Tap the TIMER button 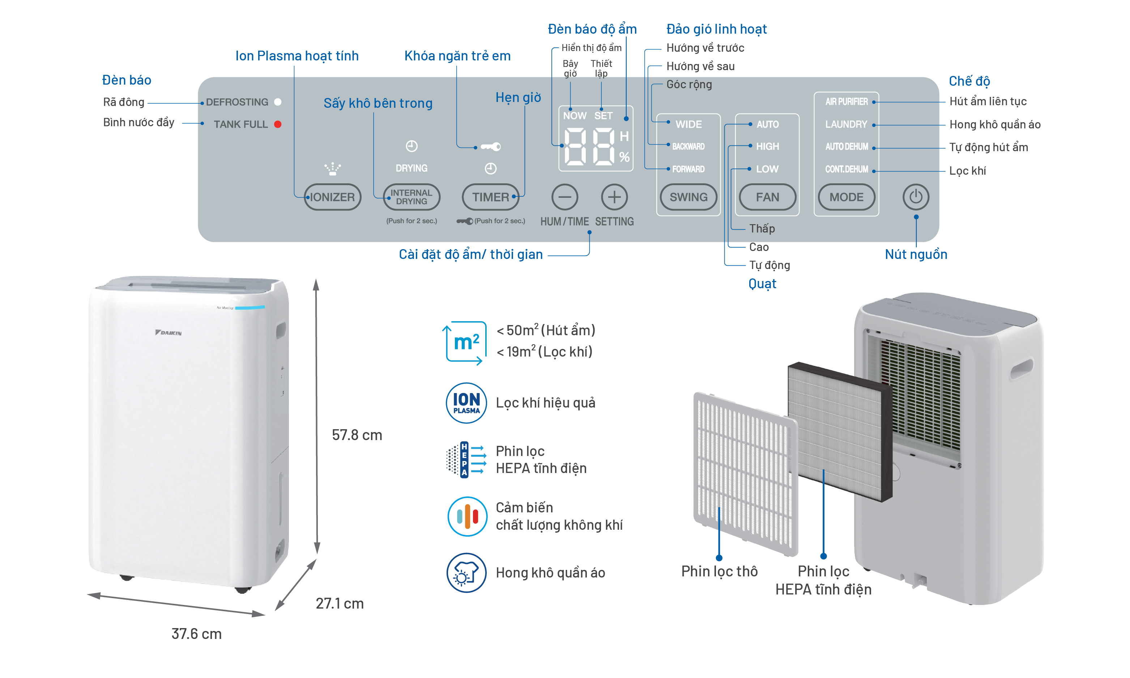490,197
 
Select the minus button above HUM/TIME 564,197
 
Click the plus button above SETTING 614,197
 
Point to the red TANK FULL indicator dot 277,124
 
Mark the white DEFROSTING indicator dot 277,102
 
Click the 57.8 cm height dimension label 357,435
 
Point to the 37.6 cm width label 196,634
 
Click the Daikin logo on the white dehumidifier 168,333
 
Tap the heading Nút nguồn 916,255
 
